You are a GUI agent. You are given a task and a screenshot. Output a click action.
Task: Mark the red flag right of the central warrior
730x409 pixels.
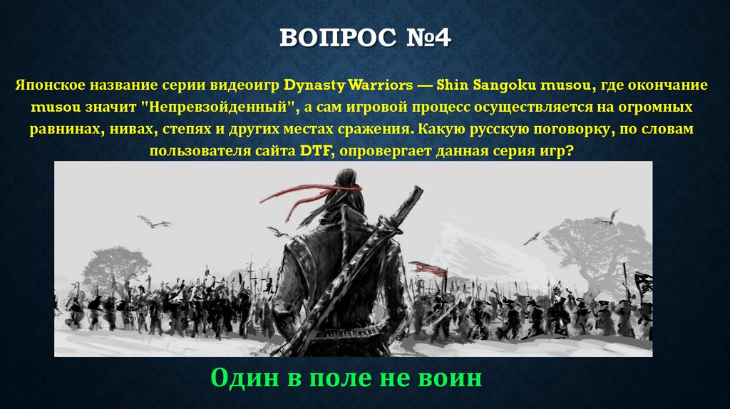[x=426, y=268]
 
